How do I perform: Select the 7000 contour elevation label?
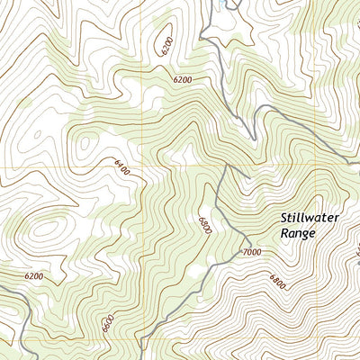tap(251, 252)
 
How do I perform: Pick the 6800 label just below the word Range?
tap(276, 283)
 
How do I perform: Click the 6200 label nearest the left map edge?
tap(34, 275)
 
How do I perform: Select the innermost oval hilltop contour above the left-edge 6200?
tap(40, 230)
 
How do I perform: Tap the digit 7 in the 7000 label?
tap(243, 252)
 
